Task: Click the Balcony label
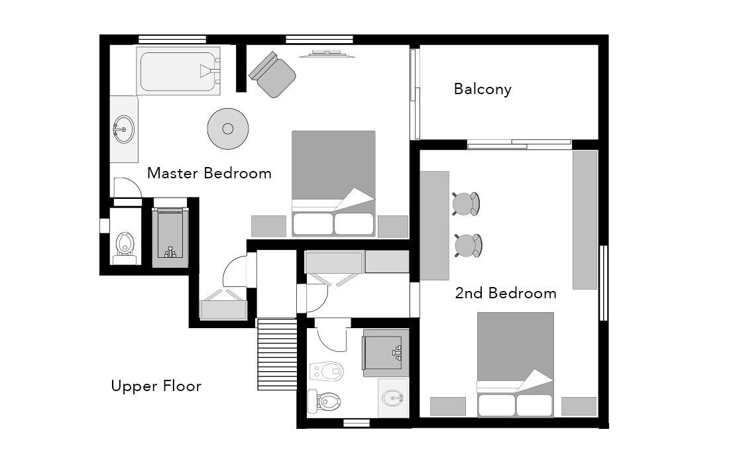[482, 89]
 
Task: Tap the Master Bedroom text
[209, 173]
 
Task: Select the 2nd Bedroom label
[506, 293]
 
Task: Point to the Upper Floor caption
[156, 386]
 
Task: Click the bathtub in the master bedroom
[178, 71]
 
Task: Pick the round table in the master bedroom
[228, 129]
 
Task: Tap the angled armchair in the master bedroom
[272, 74]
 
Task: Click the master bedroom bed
[333, 184]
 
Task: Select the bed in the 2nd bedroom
[515, 365]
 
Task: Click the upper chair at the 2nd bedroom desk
[465, 204]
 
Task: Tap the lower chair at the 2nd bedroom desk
[468, 245]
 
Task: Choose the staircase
[277, 354]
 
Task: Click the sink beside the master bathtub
[124, 129]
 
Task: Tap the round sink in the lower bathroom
[393, 398]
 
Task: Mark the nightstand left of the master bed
[268, 227]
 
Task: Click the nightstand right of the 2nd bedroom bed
[579, 406]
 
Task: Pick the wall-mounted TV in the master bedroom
[327, 54]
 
